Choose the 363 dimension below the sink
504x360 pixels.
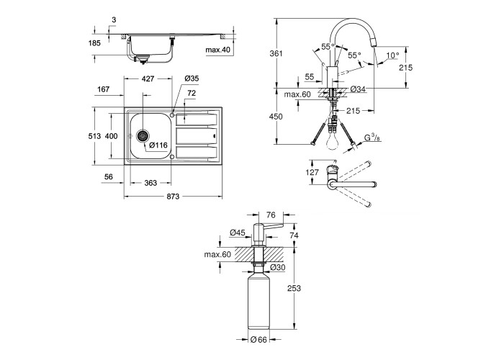[x=150, y=183]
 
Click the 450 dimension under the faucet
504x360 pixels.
[x=287, y=117]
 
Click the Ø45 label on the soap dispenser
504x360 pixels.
[x=238, y=232]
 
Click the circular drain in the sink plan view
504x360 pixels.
[x=143, y=135]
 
